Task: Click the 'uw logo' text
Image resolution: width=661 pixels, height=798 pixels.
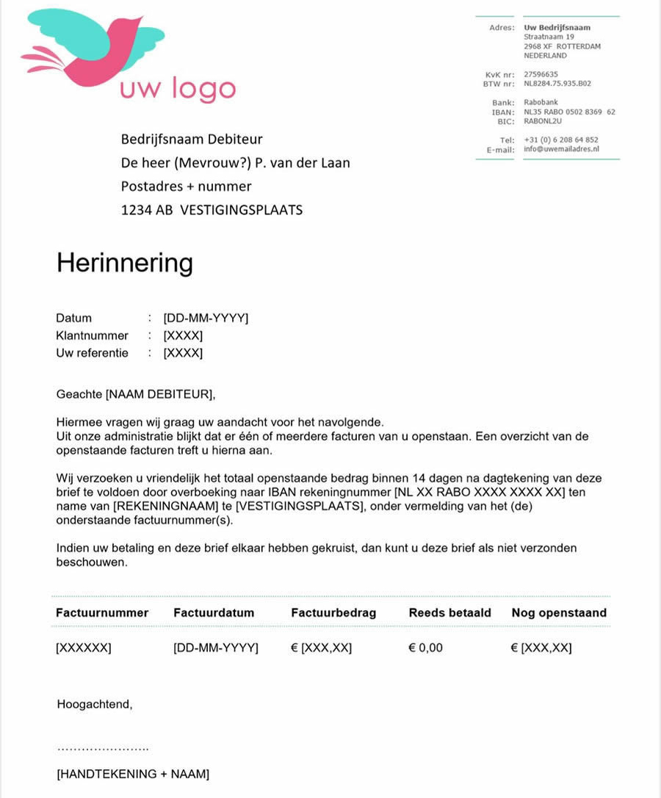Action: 178,89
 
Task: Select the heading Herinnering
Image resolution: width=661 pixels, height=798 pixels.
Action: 125,263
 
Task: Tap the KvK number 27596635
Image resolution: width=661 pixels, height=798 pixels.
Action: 541,74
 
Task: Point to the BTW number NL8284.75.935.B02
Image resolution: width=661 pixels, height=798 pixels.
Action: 557,84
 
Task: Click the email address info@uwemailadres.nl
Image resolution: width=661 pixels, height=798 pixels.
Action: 562,149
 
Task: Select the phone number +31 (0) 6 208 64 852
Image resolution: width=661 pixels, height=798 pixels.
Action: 561,139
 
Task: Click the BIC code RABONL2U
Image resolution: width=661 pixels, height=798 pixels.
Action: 543,121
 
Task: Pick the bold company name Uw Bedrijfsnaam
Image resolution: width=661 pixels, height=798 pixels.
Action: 557,28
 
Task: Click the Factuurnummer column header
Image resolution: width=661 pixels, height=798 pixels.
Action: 102,613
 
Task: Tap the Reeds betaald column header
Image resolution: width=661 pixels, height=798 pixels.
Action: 450,613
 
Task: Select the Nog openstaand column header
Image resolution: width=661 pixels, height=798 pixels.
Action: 559,613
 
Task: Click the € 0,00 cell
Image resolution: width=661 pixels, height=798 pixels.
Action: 426,648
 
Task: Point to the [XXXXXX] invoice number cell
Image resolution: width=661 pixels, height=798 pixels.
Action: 84,648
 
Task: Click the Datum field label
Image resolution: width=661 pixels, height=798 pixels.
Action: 74,318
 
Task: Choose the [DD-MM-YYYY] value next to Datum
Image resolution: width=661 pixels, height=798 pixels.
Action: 206,318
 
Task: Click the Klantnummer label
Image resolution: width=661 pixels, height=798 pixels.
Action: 92,335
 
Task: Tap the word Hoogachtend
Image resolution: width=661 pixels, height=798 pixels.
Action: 95,705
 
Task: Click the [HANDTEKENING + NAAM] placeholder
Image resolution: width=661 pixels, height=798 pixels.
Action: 133,774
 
